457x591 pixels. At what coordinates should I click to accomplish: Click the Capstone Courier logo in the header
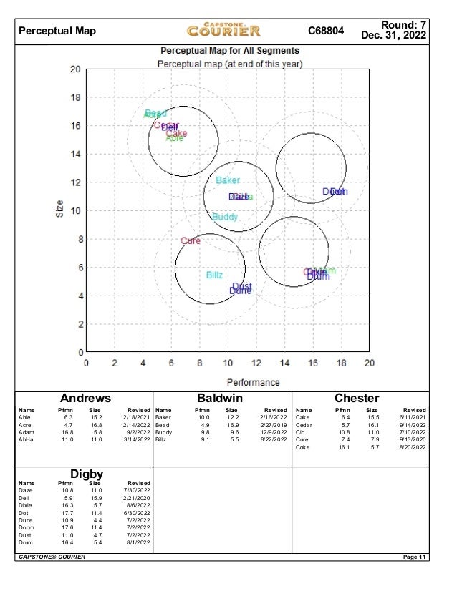[224, 30]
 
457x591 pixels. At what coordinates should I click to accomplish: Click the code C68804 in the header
[326, 31]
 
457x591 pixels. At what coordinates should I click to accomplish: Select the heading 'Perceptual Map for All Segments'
[229, 52]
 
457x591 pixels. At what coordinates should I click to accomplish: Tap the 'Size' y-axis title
[60, 208]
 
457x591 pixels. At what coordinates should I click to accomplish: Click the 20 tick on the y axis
[74, 69]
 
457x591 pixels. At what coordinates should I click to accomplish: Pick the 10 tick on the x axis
[228, 363]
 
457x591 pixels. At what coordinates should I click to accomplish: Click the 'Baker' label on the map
[228, 180]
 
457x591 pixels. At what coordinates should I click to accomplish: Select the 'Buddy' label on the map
[225, 217]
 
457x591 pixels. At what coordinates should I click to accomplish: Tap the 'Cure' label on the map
[191, 241]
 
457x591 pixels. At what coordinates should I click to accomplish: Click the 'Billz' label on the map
[214, 275]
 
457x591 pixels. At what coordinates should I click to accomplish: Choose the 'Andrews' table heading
[85, 398]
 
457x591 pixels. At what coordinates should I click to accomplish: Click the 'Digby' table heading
[87, 474]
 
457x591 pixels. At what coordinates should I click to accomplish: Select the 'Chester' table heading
[357, 398]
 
